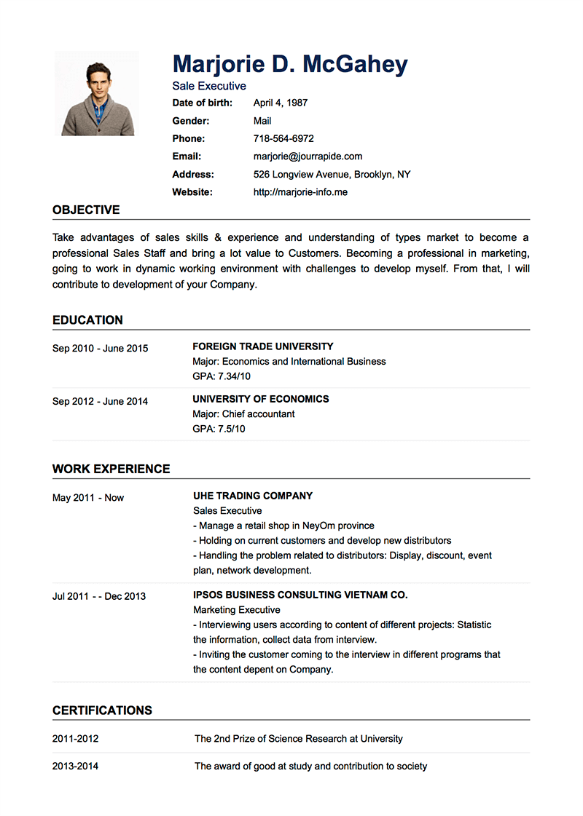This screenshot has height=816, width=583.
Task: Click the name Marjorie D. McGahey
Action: point(290,64)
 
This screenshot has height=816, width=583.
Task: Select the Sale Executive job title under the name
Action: point(209,86)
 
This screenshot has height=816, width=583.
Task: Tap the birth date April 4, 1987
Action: point(281,103)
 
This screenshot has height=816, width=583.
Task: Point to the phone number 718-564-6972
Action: point(283,138)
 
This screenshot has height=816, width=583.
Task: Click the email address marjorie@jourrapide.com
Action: point(308,157)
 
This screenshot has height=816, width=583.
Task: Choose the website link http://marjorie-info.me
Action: point(300,192)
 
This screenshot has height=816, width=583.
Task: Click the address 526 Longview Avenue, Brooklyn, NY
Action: point(332,175)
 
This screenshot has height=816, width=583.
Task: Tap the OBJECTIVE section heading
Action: point(86,210)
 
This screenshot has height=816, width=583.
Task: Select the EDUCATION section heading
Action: point(87,320)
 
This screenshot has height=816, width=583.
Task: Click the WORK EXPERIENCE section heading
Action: point(111,470)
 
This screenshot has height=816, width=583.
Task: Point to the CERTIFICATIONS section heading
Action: point(102,710)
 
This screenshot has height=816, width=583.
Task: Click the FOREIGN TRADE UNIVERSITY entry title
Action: point(263,346)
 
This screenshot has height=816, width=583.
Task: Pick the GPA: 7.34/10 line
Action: point(222,376)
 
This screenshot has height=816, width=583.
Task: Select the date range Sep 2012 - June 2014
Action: point(100,401)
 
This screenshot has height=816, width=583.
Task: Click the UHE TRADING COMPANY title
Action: point(253,496)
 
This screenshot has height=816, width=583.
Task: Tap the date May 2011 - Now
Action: point(88,498)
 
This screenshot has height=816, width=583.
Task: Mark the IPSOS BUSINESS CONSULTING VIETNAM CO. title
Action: point(300,595)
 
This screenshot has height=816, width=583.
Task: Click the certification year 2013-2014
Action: point(75,766)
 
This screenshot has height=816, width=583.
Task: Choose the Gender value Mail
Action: point(262,121)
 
